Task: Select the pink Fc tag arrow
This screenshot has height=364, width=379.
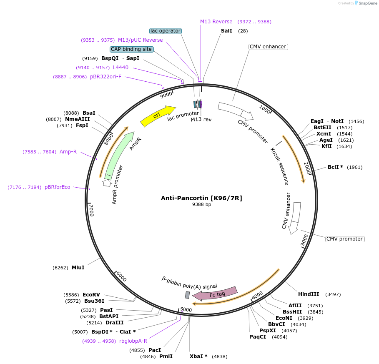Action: pyautogui.click(x=215, y=294)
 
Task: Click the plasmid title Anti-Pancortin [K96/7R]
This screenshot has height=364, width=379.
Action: pyautogui.click(x=201, y=198)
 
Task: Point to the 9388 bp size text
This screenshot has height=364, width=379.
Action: pyautogui.click(x=201, y=204)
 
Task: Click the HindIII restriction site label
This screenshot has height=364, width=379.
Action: pyautogui.click(x=309, y=294)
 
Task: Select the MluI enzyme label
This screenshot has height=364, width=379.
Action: pyautogui.click(x=78, y=268)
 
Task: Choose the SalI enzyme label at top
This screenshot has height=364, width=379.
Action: pyautogui.click(x=226, y=31)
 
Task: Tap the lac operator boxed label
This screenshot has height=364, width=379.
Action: pyautogui.click(x=166, y=31)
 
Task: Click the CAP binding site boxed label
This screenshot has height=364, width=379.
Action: pyautogui.click(x=131, y=49)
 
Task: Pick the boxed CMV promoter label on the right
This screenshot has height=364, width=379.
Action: pyautogui.click(x=344, y=239)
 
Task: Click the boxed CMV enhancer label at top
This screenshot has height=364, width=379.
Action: pyautogui.click(x=267, y=47)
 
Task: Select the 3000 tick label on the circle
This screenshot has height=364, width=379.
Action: pyautogui.click(x=305, y=240)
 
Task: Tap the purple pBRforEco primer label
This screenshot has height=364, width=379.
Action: pyautogui.click(x=58, y=187)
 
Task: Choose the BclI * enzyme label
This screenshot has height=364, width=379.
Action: pyautogui.click(x=335, y=167)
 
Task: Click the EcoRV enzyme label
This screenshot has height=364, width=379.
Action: pyautogui.click(x=91, y=294)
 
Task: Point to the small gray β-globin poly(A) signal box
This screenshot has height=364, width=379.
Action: pyautogui.click(x=187, y=295)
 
